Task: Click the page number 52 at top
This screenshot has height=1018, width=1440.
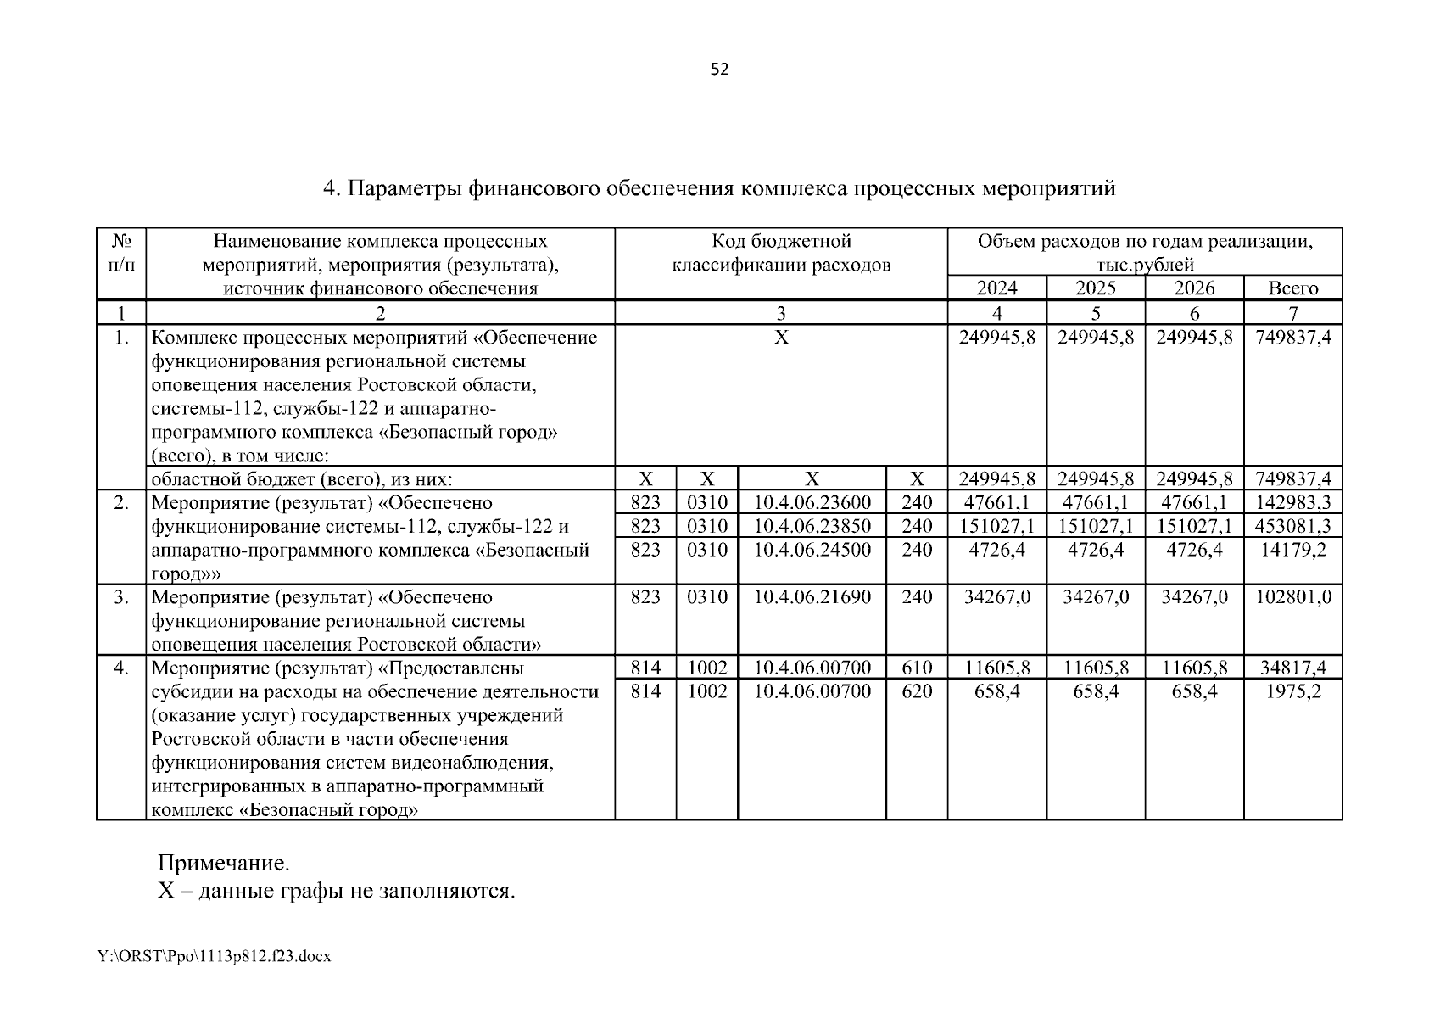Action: pyautogui.click(x=719, y=70)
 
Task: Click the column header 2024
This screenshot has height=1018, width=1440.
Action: pyautogui.click(x=996, y=288)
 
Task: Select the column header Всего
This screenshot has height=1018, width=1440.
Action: pyautogui.click(x=1292, y=288)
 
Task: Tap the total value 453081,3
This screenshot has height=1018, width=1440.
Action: pyautogui.click(x=1292, y=526)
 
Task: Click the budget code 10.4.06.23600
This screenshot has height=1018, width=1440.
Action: pyautogui.click(x=812, y=502)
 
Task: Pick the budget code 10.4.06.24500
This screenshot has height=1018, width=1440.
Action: pyautogui.click(x=812, y=550)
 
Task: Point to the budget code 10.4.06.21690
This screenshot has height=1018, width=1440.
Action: pyautogui.click(x=812, y=597)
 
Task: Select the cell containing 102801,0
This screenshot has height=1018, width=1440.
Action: pyautogui.click(x=1292, y=597)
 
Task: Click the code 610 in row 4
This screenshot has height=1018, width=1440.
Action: pyautogui.click(x=917, y=668)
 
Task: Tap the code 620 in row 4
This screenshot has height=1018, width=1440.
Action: pyautogui.click(x=917, y=692)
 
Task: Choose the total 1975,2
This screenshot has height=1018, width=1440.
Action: pyautogui.click(x=1292, y=692)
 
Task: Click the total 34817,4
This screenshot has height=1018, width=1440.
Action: pyautogui.click(x=1292, y=668)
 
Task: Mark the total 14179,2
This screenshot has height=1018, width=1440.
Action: pyautogui.click(x=1292, y=550)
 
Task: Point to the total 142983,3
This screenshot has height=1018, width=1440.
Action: pyautogui.click(x=1292, y=502)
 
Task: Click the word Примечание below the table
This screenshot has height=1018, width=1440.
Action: pyautogui.click(x=224, y=864)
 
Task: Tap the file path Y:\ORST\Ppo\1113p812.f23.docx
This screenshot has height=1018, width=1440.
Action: pyautogui.click(x=214, y=957)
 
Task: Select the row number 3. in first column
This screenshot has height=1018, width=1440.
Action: pyautogui.click(x=121, y=597)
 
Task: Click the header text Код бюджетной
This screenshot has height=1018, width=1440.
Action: pyautogui.click(x=781, y=242)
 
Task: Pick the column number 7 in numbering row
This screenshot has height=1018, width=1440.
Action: pyautogui.click(x=1292, y=314)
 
